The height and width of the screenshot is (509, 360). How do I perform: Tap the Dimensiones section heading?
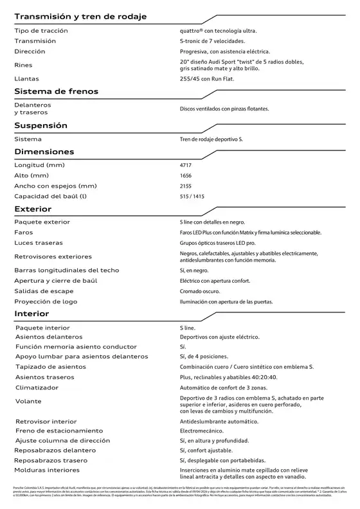[x=53, y=152]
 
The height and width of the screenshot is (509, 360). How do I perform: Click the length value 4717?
[x=186, y=165]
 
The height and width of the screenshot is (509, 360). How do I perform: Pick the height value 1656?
[x=186, y=175]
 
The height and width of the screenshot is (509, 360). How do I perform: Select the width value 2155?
[x=186, y=186]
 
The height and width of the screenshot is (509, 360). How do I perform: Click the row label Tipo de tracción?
[x=40, y=31]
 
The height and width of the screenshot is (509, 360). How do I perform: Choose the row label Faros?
[x=24, y=232]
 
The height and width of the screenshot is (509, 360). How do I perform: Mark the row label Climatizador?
[x=39, y=388]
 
